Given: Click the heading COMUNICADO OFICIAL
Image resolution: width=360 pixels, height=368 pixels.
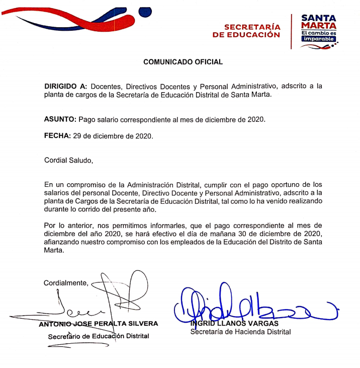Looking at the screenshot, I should [183, 62].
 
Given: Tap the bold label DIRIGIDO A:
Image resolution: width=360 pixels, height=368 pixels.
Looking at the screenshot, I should [66, 86].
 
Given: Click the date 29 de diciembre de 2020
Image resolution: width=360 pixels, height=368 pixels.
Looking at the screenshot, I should [113, 136].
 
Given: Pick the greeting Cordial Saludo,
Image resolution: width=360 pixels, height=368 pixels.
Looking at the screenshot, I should [68, 161].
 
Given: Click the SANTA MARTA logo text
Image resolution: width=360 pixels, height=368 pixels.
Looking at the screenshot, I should [318, 22].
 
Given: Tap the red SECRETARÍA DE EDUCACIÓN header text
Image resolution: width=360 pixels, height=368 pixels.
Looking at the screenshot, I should [246, 31].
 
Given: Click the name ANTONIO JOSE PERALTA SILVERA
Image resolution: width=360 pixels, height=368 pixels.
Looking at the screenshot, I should [99, 324].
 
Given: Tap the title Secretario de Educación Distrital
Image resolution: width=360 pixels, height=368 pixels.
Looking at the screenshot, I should [99, 336].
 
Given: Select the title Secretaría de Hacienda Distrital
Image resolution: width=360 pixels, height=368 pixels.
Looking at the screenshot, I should [240, 332].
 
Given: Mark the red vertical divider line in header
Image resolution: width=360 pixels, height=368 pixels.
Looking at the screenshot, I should [292, 31].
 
